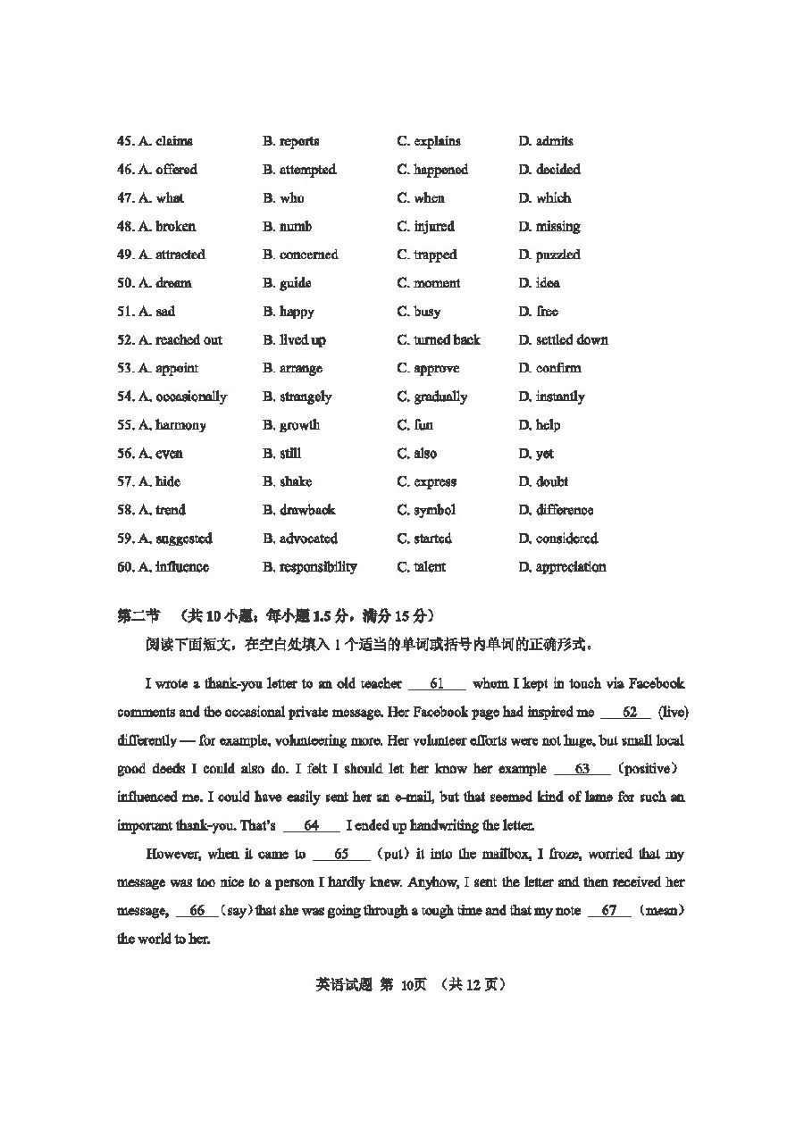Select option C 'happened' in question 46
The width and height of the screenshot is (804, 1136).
tap(432, 170)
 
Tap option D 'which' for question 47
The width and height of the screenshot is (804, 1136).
tap(544, 198)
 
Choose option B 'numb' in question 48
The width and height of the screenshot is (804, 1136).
tap(287, 227)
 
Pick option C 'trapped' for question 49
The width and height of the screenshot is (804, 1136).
tap(426, 255)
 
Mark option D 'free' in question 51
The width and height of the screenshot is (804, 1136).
tap(538, 312)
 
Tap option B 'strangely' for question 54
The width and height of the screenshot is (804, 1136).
tap(297, 397)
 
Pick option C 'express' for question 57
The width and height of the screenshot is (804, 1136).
tap(426, 481)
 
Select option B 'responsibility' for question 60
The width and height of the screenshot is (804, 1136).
tap(309, 567)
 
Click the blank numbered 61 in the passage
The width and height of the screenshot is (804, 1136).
tap(437, 684)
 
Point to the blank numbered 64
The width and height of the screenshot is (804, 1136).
tap(312, 826)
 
